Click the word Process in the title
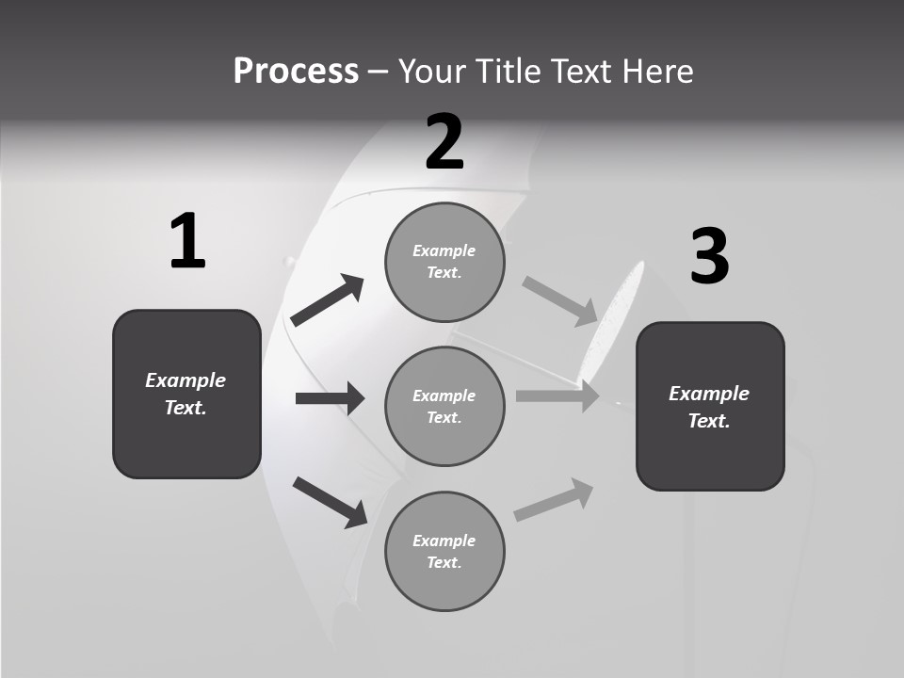click(x=296, y=72)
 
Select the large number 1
click(x=187, y=242)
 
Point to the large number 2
click(x=444, y=142)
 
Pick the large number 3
click(x=709, y=256)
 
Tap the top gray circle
click(x=444, y=262)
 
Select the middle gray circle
click(x=444, y=407)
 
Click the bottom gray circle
click(x=444, y=552)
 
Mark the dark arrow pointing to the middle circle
click(x=331, y=398)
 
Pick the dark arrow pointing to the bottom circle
click(x=331, y=502)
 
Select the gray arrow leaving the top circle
click(x=560, y=300)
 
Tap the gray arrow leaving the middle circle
click(x=557, y=396)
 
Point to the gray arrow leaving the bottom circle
click(x=554, y=500)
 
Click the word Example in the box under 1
click(x=186, y=380)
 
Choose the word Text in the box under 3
click(x=708, y=421)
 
